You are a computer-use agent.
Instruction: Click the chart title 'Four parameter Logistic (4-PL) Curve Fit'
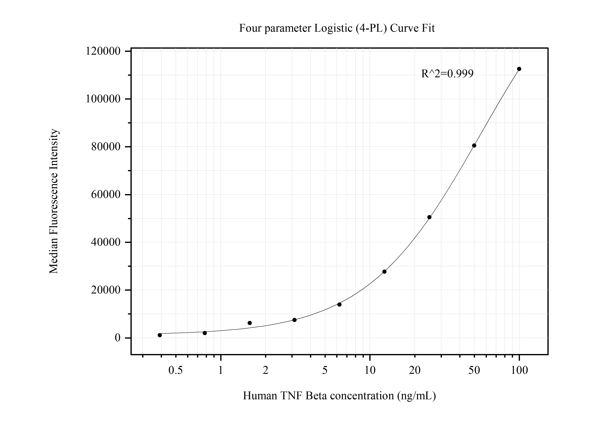(337, 28)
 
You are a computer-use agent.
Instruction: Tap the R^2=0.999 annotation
(447, 74)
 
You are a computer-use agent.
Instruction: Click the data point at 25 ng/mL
(429, 217)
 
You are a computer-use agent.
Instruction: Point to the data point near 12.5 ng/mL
(384, 272)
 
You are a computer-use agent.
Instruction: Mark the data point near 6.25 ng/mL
(339, 305)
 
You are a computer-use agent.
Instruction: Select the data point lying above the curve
(250, 323)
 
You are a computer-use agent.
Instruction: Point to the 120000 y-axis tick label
(103, 51)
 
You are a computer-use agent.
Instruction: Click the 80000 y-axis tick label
(106, 147)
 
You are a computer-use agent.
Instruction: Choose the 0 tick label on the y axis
(117, 338)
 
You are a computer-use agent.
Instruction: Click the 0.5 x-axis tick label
(175, 370)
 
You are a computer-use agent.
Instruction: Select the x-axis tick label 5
(325, 370)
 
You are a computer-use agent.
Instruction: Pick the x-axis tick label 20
(415, 370)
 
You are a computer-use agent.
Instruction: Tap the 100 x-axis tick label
(519, 370)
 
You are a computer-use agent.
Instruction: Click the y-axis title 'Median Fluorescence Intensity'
(54, 201)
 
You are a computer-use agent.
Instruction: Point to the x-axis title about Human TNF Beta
(339, 396)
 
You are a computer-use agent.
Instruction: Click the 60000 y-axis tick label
(106, 195)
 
